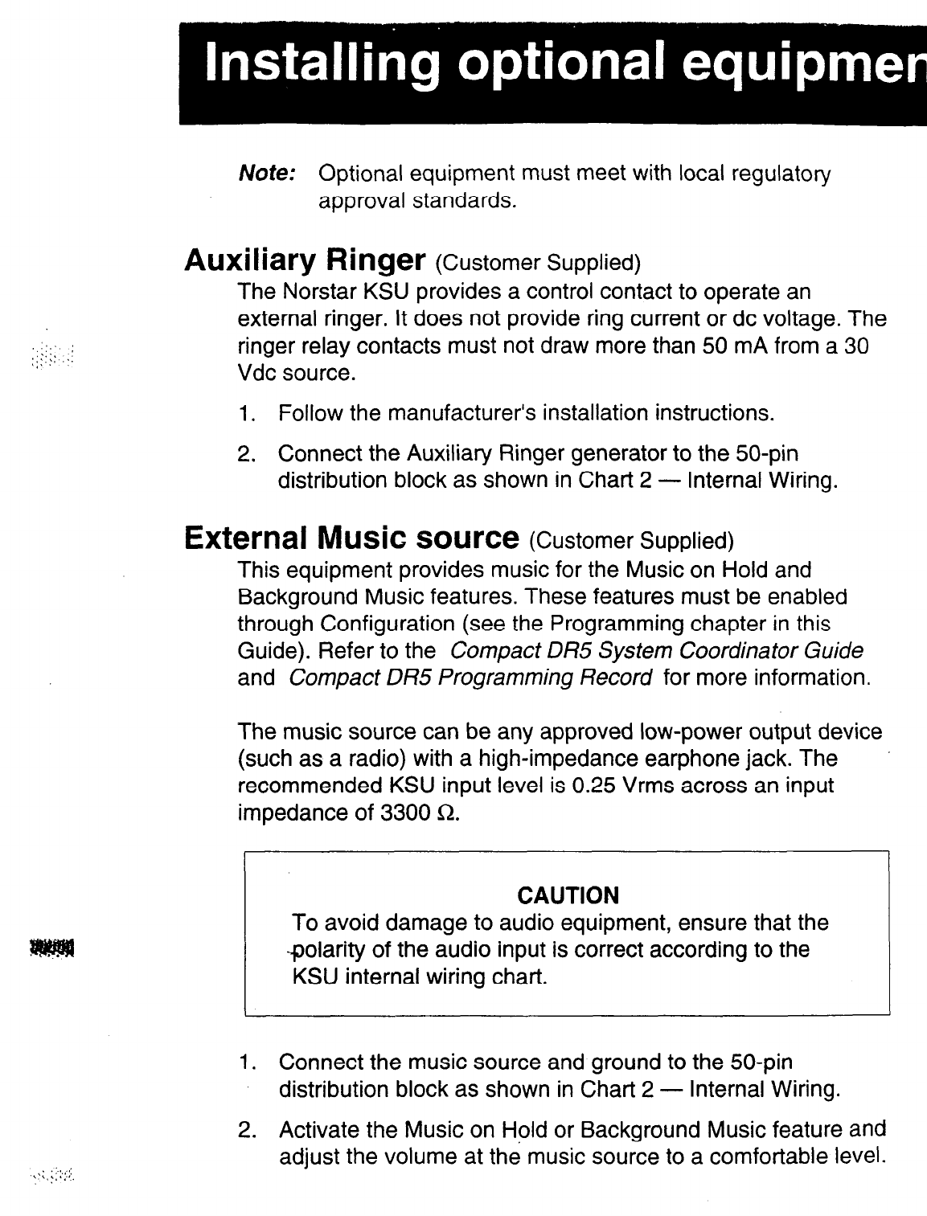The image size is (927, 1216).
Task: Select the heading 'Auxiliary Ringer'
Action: tap(305, 260)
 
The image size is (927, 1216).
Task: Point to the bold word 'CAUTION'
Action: tap(568, 895)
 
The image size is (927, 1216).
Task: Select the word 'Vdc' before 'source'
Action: tap(257, 375)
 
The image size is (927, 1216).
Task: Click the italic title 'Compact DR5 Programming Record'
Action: tap(470, 678)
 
